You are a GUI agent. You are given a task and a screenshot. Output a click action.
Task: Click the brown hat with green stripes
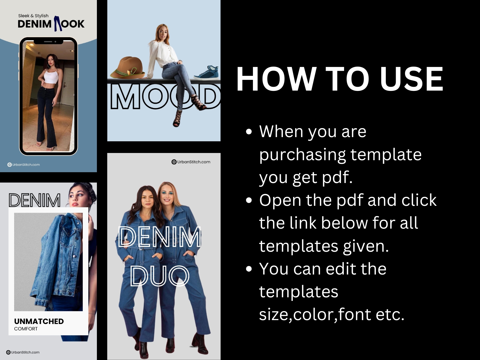(x=127, y=67)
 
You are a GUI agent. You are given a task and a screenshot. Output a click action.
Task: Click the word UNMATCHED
(x=39, y=321)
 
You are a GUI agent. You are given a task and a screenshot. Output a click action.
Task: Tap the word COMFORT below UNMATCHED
(x=26, y=329)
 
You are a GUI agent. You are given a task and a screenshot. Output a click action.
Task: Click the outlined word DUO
(x=160, y=276)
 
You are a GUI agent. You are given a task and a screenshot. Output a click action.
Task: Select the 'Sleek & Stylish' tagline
(x=33, y=16)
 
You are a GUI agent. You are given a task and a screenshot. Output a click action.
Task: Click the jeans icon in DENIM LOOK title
(x=57, y=23)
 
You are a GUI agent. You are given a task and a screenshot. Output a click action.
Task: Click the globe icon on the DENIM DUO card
(x=174, y=162)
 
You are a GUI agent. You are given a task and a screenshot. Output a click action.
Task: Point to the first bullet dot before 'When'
(x=249, y=131)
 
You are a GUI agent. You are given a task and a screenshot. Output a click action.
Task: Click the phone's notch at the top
(x=49, y=41)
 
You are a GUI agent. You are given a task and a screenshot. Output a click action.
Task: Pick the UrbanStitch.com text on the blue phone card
(x=26, y=165)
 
